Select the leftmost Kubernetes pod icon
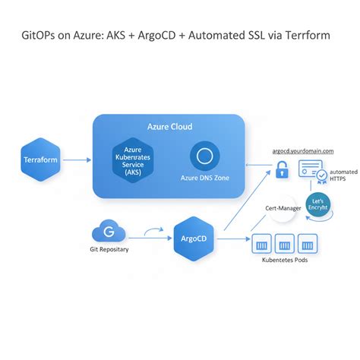264,245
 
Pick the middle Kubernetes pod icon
285,245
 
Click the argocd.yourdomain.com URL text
302,151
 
